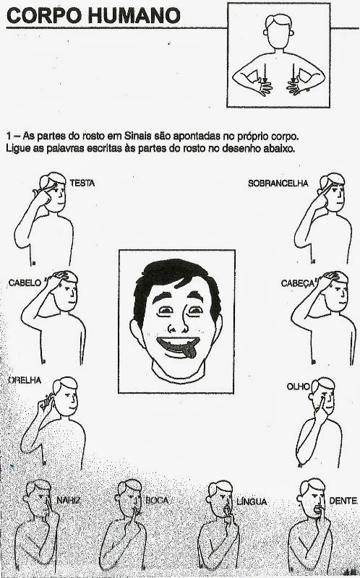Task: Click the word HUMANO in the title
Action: (x=134, y=15)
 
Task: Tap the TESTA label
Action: (x=82, y=183)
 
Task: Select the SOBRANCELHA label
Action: (x=278, y=184)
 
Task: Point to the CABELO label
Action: (x=25, y=283)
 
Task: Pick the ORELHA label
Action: (x=25, y=380)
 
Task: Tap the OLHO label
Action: (x=299, y=387)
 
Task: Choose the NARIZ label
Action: (x=69, y=500)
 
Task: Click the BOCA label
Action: (x=157, y=500)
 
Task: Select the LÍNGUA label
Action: (x=252, y=501)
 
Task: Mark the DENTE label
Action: (x=343, y=501)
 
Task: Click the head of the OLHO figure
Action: (x=322, y=395)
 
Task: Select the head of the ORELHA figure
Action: (x=65, y=396)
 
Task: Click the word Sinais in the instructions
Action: (x=138, y=136)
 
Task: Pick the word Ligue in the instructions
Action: (x=15, y=149)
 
